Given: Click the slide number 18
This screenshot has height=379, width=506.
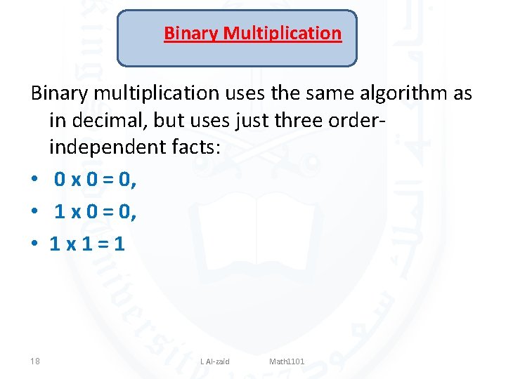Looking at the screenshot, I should [x=35, y=361].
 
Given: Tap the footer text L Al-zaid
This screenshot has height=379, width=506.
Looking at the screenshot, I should [x=215, y=361].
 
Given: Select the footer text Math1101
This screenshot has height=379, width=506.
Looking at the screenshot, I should [x=287, y=361].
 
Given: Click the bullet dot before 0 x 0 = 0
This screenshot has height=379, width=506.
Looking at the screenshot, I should [x=34, y=182].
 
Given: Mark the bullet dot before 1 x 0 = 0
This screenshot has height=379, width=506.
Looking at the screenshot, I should [x=34, y=213].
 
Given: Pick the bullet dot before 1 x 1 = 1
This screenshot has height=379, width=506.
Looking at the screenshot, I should [x=34, y=244].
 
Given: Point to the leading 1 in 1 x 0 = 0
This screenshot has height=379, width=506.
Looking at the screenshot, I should [x=60, y=212].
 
